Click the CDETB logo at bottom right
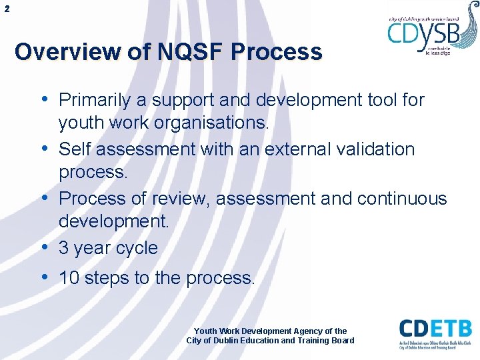[x=435, y=334]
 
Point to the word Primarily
[x=95, y=100]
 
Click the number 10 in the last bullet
[x=69, y=278]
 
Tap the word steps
[x=106, y=278]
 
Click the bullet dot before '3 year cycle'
[x=45, y=247]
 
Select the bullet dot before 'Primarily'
[x=45, y=99]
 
